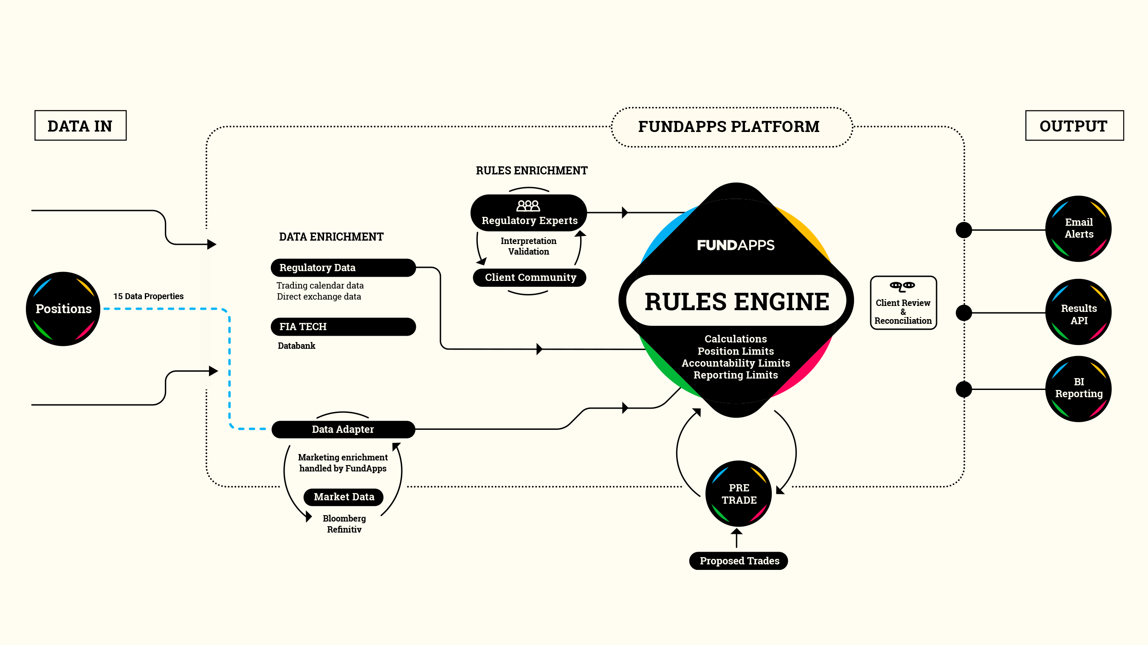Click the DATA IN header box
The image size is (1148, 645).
click(80, 126)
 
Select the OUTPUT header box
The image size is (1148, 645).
click(1074, 126)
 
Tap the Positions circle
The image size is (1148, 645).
click(63, 308)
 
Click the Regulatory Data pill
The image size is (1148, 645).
click(343, 267)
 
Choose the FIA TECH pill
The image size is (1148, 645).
click(343, 327)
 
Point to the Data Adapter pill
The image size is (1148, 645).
click(343, 429)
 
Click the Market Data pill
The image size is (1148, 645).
click(344, 497)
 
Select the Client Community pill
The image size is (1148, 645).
click(530, 278)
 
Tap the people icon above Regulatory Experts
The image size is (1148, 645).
click(528, 206)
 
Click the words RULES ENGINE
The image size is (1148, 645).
click(736, 301)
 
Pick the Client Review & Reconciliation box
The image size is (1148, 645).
click(903, 303)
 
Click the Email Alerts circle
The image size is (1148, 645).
click(1078, 228)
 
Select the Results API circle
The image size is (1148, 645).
click(1078, 314)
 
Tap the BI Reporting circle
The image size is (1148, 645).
click(1078, 388)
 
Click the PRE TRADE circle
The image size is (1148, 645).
click(739, 494)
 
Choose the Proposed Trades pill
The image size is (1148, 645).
click(739, 561)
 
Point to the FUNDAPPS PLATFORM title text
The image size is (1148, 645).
click(729, 126)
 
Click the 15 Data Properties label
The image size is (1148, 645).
click(148, 296)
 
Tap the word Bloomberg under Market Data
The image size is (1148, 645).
click(344, 518)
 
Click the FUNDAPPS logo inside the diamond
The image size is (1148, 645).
click(736, 245)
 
